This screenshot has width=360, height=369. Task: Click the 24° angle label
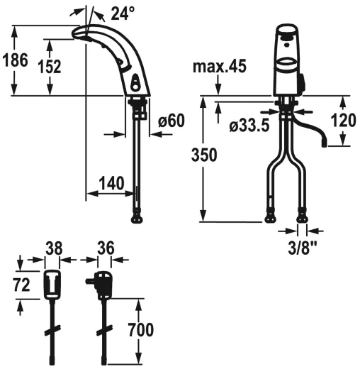pyautogui.click(x=123, y=13)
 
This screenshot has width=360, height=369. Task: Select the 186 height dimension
pyautogui.click(x=15, y=60)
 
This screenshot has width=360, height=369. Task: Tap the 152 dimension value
pyautogui.click(x=50, y=67)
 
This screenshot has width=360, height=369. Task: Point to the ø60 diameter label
pyautogui.click(x=171, y=121)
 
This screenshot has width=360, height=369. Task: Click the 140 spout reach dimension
pyautogui.click(x=111, y=183)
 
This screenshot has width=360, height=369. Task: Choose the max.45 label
pyautogui.click(x=220, y=66)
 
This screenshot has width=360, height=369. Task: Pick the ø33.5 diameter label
pyautogui.click(x=249, y=125)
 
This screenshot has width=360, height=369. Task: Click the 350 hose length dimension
pyautogui.click(x=204, y=155)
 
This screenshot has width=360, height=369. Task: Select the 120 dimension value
pyautogui.click(x=343, y=120)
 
